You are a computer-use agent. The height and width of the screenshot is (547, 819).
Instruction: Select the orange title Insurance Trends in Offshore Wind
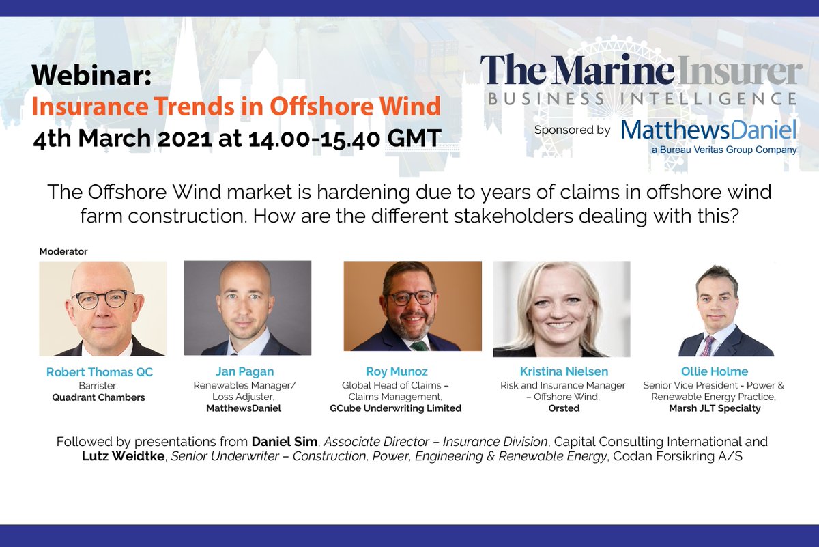pos(236,107)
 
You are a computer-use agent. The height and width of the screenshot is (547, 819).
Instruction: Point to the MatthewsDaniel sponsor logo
pos(708,129)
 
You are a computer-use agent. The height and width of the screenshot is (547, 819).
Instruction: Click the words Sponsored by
pos(572,130)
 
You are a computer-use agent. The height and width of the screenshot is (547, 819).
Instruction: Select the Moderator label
pos(63,251)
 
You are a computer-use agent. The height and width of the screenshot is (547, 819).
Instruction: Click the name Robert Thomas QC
pos(100,372)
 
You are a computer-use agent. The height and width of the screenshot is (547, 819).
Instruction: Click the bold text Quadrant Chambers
pos(98,397)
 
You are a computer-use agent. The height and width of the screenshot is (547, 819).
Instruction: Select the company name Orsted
pos(563,408)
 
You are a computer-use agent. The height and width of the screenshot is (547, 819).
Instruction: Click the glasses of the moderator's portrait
pos(102,298)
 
